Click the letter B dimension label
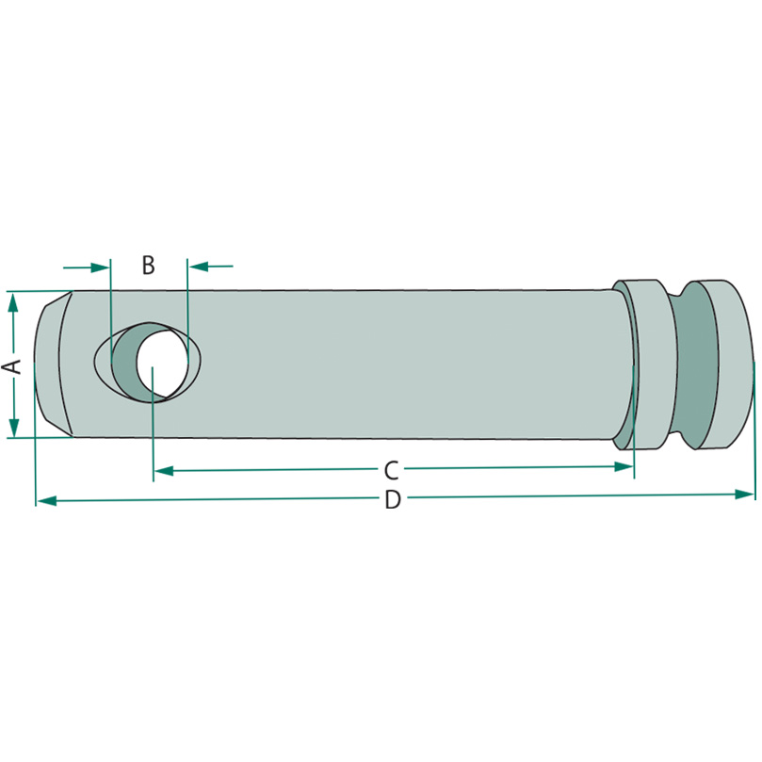[148, 266]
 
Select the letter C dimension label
[391, 470]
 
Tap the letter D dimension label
[393, 499]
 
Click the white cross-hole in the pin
[162, 361]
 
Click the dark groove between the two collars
[695, 365]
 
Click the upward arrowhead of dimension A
[13, 302]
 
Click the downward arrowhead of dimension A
[14, 428]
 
